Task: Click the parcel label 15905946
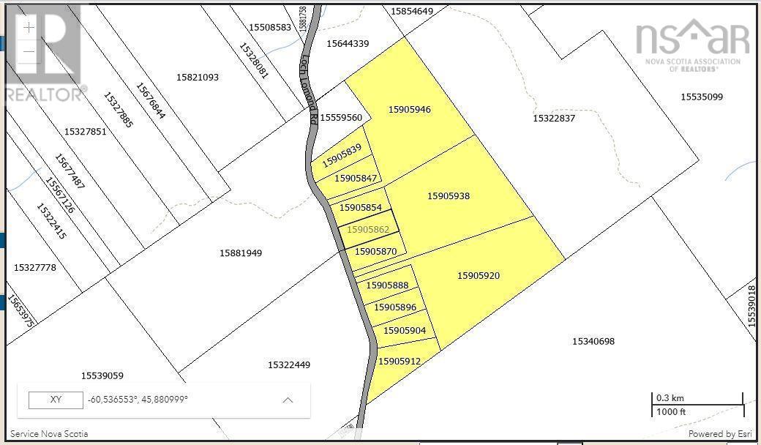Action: click(409, 110)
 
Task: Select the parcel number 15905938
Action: click(449, 196)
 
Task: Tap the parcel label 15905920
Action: click(479, 276)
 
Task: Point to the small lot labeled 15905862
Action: click(367, 229)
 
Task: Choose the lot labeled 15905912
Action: click(400, 361)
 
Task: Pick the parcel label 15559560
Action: click(341, 118)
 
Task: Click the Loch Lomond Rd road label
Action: click(309, 81)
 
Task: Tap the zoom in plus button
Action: click(29, 28)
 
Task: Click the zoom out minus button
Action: click(29, 52)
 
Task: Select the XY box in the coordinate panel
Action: click(56, 400)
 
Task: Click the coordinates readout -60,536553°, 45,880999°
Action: click(138, 400)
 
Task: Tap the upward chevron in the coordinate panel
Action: click(288, 400)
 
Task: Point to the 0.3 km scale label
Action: click(670, 398)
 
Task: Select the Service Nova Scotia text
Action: click(49, 434)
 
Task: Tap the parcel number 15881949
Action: click(241, 253)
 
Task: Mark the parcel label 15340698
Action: click(593, 341)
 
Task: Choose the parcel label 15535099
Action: click(702, 97)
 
